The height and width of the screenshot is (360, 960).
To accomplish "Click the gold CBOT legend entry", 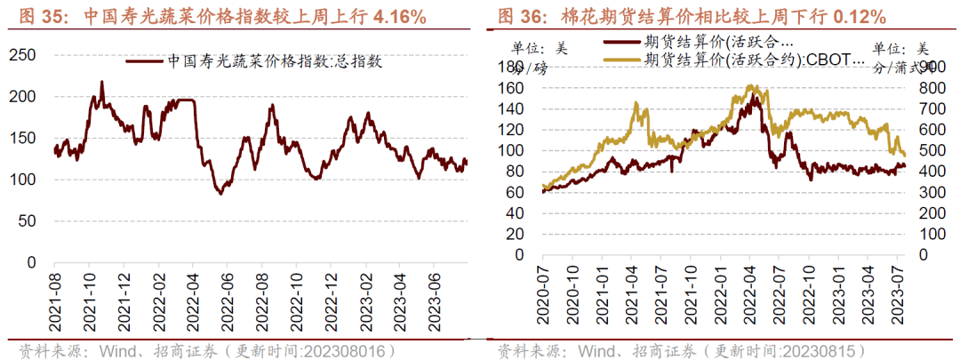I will (x=753, y=60).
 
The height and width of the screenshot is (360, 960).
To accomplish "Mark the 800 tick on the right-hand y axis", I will (x=920, y=88).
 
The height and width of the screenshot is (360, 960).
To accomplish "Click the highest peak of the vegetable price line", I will (x=101, y=82).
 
